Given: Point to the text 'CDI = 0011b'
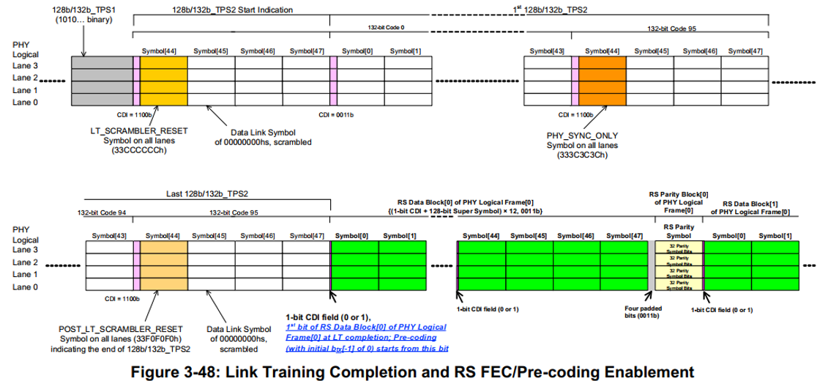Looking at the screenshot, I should click(335, 114).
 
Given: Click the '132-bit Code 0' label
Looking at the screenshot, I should click(386, 26).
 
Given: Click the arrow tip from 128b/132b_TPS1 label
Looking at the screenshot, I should click(86, 56).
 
